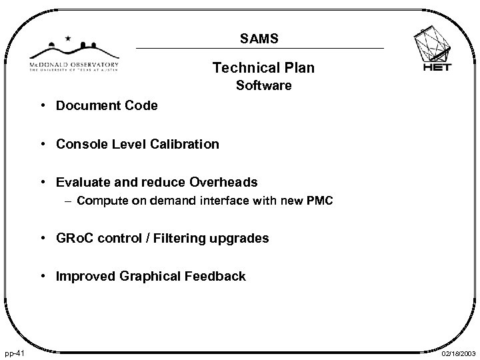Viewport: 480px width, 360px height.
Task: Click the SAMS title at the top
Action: click(259, 40)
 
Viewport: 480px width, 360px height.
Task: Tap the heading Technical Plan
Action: click(263, 68)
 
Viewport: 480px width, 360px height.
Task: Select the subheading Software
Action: click(263, 85)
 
